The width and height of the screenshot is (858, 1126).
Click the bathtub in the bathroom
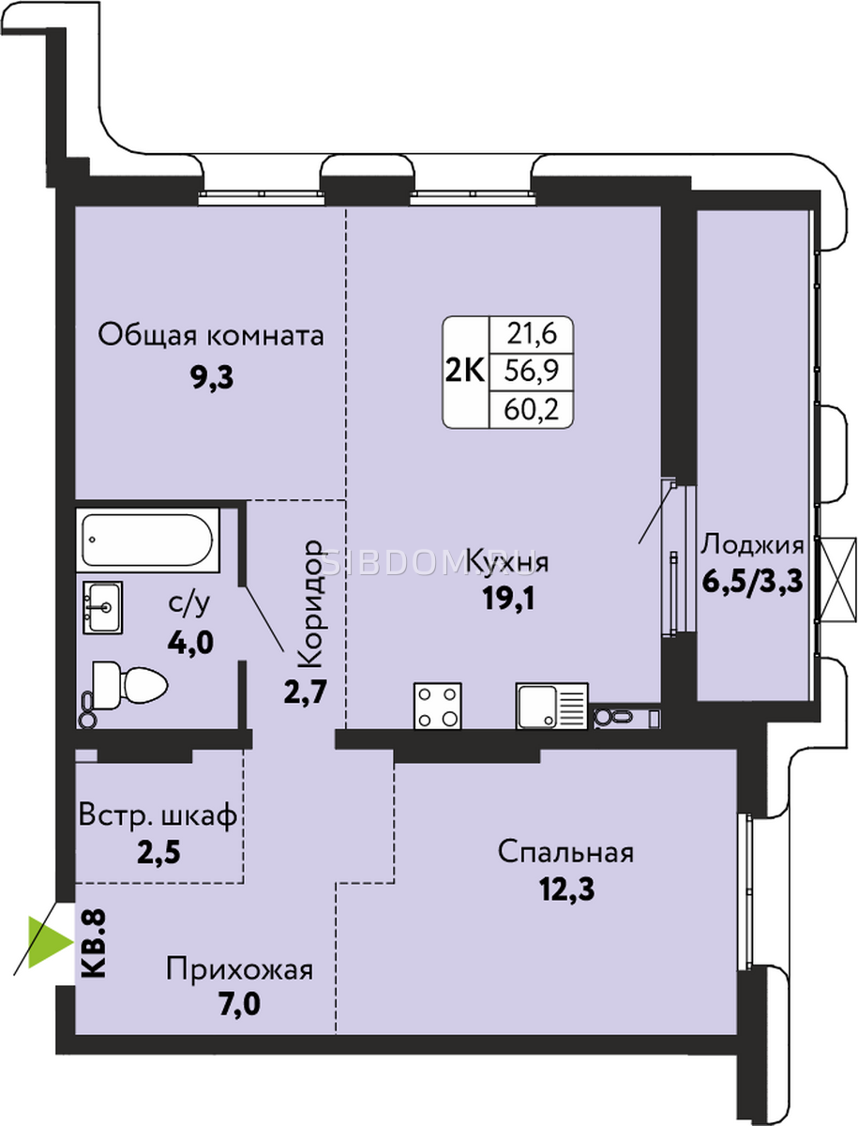[147, 540]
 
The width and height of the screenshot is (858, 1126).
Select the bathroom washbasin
[102, 608]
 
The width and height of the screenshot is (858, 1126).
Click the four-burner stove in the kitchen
[438, 706]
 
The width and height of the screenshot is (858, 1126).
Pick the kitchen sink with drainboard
[552, 706]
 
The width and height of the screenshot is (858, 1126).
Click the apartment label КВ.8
[93, 943]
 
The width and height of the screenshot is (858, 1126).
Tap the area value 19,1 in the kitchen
[508, 598]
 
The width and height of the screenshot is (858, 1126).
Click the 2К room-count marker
[465, 371]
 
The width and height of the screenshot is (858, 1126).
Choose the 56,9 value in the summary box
[531, 371]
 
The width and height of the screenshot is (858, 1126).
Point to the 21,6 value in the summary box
[532, 335]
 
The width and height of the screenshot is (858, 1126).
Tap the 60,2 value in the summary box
[531, 409]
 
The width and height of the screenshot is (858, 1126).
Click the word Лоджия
[752, 546]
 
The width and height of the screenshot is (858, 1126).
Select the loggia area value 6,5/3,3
[752, 583]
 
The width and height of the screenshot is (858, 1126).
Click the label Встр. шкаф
[158, 815]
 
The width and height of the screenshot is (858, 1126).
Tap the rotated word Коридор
[310, 603]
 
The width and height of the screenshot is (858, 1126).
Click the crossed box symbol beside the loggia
[838, 580]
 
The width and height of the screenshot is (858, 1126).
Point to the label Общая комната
[211, 336]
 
